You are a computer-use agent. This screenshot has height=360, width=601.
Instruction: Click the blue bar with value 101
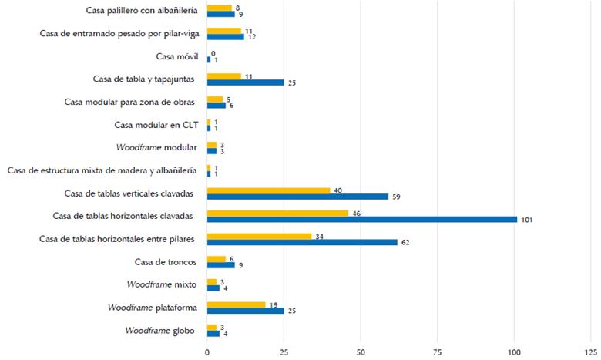tap(362, 219)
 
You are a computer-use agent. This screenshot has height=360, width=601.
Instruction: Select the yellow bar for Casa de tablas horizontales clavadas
tap(277, 213)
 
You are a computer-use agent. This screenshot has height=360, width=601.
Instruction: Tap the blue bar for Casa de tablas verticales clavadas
tap(297, 196)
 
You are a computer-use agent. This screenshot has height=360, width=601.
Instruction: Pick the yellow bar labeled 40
tap(268, 190)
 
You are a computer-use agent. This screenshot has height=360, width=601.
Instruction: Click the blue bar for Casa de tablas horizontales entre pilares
tap(302, 242)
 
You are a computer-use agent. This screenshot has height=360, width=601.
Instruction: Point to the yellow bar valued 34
tap(259, 236)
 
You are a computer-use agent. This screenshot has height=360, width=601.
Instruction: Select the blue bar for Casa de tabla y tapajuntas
tap(245, 82)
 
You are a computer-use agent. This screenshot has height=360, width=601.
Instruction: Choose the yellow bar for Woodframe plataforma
tap(236, 304)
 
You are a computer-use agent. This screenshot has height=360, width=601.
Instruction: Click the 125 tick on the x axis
tap(591, 351)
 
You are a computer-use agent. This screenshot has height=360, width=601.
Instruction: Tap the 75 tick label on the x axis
tap(437, 351)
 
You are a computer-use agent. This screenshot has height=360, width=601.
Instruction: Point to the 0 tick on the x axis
tap(206, 351)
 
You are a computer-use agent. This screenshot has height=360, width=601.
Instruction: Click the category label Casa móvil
tap(176, 56)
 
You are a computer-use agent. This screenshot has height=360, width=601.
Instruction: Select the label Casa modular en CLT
tap(155, 125)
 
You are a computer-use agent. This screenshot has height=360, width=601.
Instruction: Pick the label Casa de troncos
tap(165, 261)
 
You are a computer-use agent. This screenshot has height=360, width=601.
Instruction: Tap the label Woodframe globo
tap(160, 331)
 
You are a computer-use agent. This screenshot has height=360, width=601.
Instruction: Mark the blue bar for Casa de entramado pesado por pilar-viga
tap(225, 36)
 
